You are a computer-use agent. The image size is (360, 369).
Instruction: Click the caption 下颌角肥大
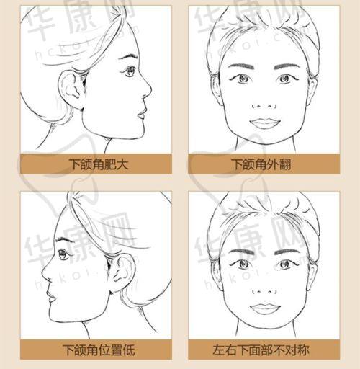click(x=99, y=164)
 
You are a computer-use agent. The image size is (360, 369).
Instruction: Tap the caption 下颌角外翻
click(x=261, y=164)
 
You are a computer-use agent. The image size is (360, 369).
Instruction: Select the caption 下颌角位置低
click(x=99, y=350)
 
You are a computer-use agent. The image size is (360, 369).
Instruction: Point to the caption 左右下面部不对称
click(x=261, y=350)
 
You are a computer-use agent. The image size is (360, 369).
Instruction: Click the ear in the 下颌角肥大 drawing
click(x=71, y=88)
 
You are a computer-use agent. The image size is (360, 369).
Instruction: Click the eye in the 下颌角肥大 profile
click(x=130, y=71)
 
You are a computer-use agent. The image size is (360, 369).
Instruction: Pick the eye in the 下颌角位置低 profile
click(x=63, y=255)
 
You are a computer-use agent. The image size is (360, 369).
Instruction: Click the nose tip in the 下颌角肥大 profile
click(x=150, y=89)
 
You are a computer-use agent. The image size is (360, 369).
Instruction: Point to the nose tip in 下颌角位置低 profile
click(x=43, y=273)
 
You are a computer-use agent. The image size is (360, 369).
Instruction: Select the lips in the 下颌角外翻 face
click(x=265, y=123)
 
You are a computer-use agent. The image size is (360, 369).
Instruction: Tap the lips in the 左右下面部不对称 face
click(x=265, y=308)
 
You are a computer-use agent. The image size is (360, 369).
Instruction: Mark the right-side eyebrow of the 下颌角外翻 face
click(x=287, y=66)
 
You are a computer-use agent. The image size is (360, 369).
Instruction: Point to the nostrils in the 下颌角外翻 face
click(x=264, y=106)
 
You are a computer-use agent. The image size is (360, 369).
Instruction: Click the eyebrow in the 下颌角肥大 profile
click(x=128, y=57)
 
